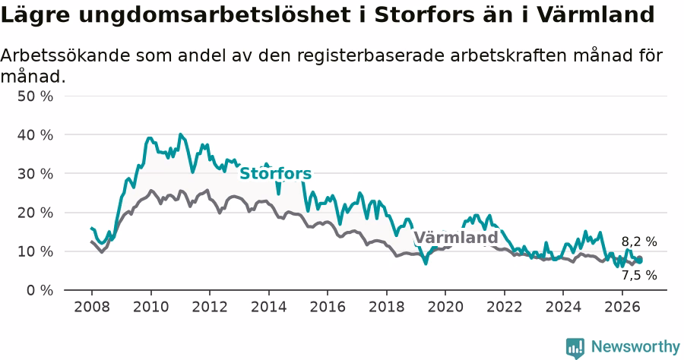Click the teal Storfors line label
[x=276, y=173]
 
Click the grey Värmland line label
[x=456, y=238]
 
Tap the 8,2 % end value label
[x=639, y=242]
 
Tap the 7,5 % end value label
[x=639, y=275]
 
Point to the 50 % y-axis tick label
[x=35, y=96]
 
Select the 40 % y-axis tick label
[x=35, y=134]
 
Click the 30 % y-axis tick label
[x=35, y=173]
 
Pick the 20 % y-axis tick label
[x=35, y=213]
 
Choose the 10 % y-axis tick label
[x=35, y=251]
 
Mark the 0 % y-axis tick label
[x=40, y=290]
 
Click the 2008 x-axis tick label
[x=92, y=307]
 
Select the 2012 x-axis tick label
[x=210, y=307]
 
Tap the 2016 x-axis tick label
[x=328, y=307]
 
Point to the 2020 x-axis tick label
[x=445, y=307]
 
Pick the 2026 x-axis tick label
[x=622, y=307]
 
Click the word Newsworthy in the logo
[x=635, y=347]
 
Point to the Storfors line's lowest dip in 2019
[x=426, y=264]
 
